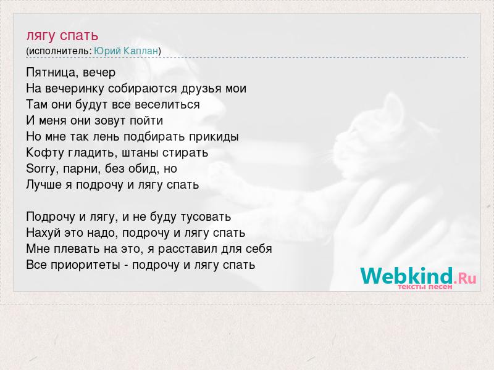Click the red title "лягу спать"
(62, 36)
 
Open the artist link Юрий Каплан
(126, 51)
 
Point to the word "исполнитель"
(59, 51)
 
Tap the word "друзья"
(201, 89)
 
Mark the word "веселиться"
(167, 105)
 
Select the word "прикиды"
(214, 138)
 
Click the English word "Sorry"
(41, 169)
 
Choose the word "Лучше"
(44, 184)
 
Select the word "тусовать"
(206, 217)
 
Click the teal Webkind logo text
(406, 276)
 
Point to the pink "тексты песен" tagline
(425, 287)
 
